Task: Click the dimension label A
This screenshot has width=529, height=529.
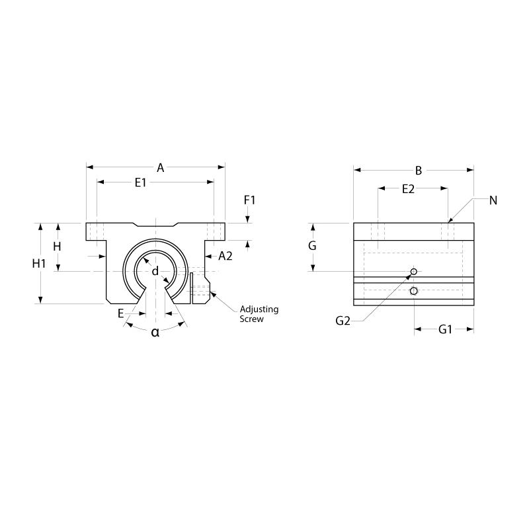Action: tap(160, 168)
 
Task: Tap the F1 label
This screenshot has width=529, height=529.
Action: tap(249, 199)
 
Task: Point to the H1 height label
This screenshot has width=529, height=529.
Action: tap(39, 263)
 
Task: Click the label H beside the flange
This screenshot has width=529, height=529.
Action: tap(57, 247)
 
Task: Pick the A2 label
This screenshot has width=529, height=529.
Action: tap(225, 255)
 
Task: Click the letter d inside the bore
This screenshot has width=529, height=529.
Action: tap(155, 271)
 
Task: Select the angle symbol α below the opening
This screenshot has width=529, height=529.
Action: tap(155, 332)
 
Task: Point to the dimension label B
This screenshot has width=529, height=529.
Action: tap(418, 171)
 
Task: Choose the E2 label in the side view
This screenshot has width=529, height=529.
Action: tap(408, 189)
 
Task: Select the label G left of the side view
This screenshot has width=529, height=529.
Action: tap(313, 246)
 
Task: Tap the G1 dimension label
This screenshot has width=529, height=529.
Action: tap(445, 329)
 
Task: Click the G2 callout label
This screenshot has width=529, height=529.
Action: tap(343, 321)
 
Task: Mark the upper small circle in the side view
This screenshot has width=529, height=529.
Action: tap(414, 272)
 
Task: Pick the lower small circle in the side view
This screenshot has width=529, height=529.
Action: tap(414, 292)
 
